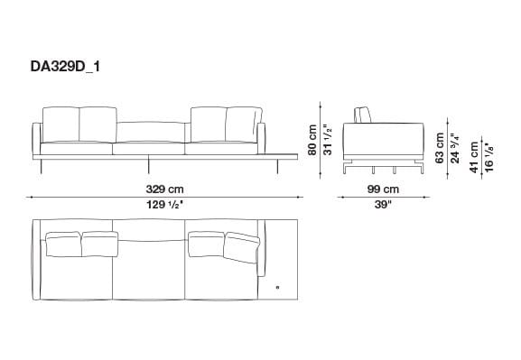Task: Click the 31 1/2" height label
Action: pos(330,140)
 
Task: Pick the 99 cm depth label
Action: pos(383,189)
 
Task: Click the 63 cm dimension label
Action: pos(440,147)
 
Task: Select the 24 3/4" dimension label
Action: pos(455,147)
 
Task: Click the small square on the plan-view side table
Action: pos(278,288)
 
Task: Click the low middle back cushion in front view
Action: pos(151,132)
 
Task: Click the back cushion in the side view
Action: pos(364,114)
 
